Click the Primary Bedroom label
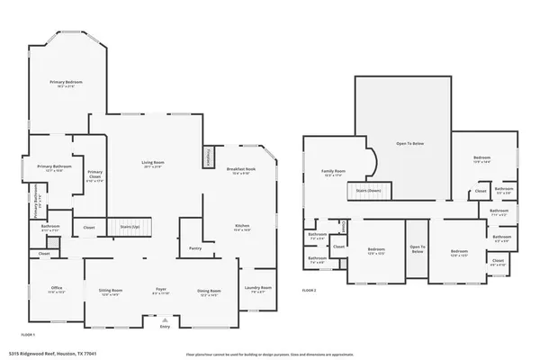coord(66,84)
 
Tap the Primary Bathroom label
coord(55,168)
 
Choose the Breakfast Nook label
coord(241,170)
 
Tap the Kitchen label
coord(241,228)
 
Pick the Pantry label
coord(195,248)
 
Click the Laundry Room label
coord(258,289)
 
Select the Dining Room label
coord(209,292)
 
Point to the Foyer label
coord(160,292)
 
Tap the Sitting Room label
coord(111,292)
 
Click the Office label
coord(56,290)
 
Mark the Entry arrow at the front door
coord(165,319)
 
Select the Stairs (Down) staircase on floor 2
coord(367,192)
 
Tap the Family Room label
coord(335,173)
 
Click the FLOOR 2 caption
coord(310,291)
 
